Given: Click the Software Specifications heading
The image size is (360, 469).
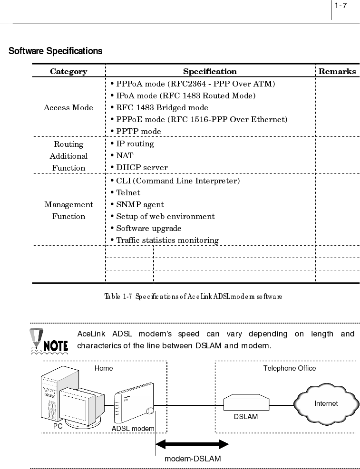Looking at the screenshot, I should coord(56,51).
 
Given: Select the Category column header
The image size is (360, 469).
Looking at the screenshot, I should coord(68,72).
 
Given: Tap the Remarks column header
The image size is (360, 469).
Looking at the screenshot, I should coord(337,72).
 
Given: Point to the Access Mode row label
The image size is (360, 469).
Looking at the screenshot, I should coord(68,107).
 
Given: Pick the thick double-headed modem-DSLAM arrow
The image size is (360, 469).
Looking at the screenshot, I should coord(192,444).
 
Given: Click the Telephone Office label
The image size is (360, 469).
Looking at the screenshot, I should coord(289,368).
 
